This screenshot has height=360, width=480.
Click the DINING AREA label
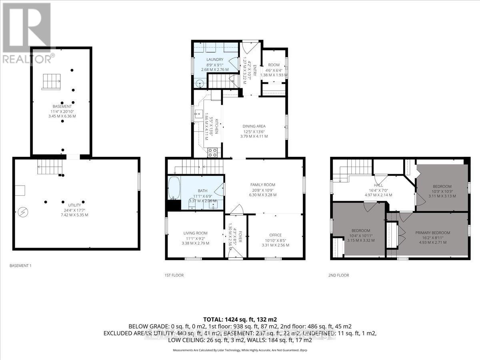pos(254,126)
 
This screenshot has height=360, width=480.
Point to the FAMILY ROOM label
pos(263,185)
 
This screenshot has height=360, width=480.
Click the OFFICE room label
pos(275,235)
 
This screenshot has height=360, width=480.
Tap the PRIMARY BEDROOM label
pos(432,233)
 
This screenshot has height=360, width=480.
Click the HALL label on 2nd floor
pos(378,185)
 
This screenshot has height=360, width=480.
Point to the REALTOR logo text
pos(27,59)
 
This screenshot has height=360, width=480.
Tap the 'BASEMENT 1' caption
pos(21,266)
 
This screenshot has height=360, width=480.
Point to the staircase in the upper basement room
pos(51,82)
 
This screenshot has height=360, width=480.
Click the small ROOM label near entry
pos(274,65)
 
